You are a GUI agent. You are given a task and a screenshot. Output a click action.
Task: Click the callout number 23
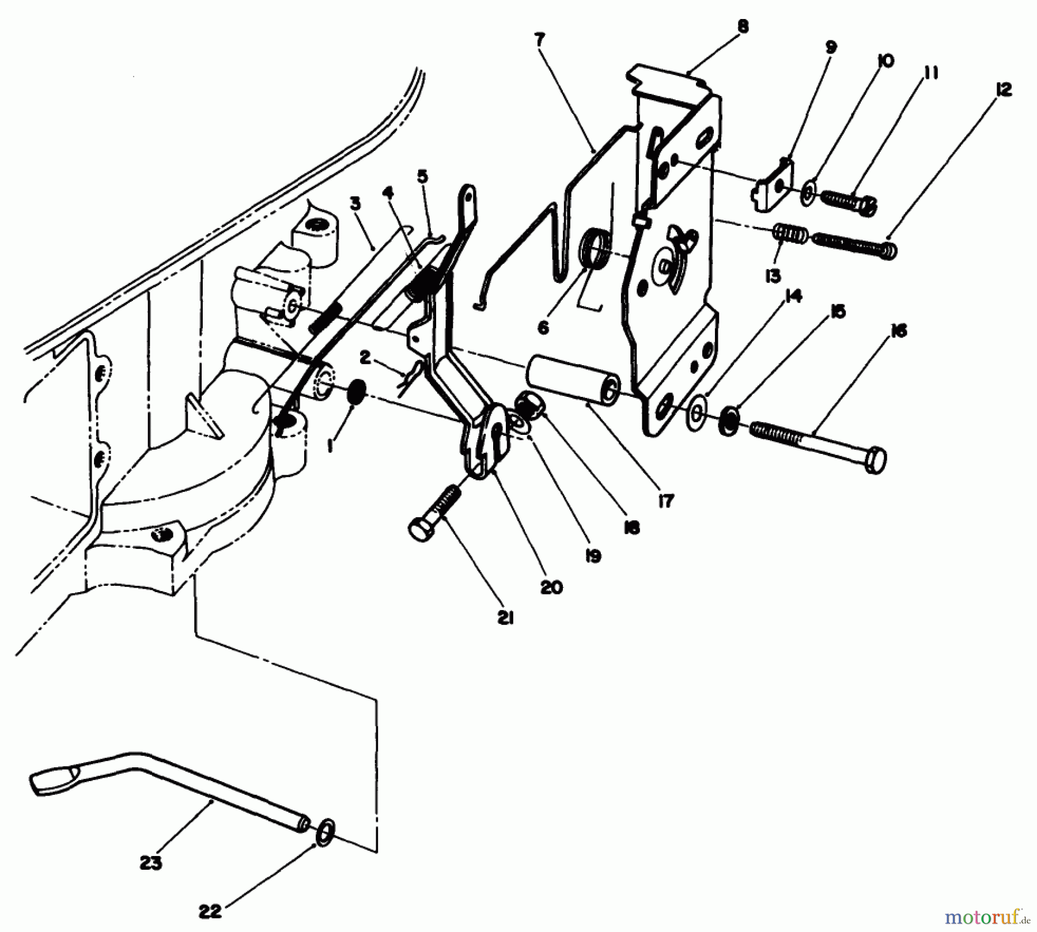click(x=150, y=863)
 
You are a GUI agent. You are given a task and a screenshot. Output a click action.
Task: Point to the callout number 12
click(x=1003, y=90)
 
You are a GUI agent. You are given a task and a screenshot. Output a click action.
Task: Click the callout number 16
click(x=899, y=331)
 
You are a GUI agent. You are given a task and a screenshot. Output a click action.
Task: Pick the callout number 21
click(x=505, y=618)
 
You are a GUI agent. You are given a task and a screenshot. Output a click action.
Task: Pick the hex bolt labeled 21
click(x=436, y=513)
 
